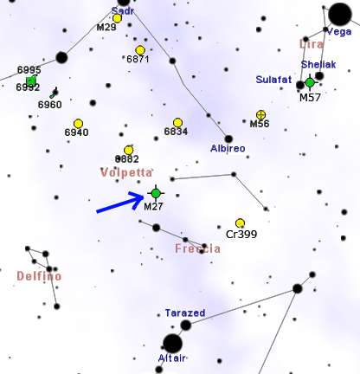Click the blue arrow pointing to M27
click(120, 203)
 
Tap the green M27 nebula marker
click(156, 193)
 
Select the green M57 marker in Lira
click(310, 83)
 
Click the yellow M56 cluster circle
click(260, 114)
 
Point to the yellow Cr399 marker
click(240, 223)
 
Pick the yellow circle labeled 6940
click(78, 124)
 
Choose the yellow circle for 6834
click(177, 123)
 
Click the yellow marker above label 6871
click(140, 50)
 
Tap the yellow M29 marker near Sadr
click(117, 18)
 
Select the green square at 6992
click(31, 81)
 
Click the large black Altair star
click(172, 344)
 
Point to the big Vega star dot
click(340, 15)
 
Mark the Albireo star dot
click(228, 139)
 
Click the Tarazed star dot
click(186, 326)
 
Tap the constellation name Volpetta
click(126, 172)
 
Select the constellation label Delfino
click(39, 276)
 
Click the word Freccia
click(197, 248)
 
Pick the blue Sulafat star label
click(273, 80)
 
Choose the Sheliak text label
click(318, 64)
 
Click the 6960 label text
click(50, 105)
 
